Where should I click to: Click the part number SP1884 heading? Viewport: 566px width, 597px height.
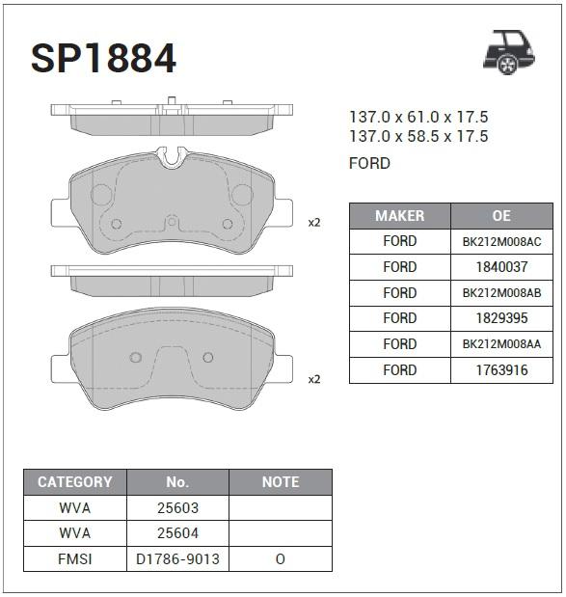point(103,58)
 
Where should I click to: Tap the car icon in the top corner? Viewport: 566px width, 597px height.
point(507,51)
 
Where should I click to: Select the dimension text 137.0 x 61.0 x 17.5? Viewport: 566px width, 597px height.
point(418,117)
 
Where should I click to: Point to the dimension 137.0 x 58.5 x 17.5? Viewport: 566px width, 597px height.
point(418,137)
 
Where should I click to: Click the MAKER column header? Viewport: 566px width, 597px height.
point(399,215)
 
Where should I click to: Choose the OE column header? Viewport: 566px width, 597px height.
point(500,215)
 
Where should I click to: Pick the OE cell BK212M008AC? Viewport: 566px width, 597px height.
point(500,241)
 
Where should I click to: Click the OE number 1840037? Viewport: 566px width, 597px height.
point(500,267)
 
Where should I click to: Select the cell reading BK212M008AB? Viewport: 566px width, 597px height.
point(500,293)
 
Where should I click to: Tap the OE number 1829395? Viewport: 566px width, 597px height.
point(500,318)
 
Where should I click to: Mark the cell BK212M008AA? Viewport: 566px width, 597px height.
point(500,344)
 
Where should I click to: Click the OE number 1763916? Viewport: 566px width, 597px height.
point(500,370)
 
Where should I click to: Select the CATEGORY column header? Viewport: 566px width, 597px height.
point(74,481)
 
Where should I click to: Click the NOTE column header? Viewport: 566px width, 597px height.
point(281,481)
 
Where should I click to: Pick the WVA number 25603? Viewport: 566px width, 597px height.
point(177,507)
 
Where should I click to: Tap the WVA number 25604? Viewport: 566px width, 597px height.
point(177,533)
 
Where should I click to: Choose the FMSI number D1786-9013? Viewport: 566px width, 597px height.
point(177,559)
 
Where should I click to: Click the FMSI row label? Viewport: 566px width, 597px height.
point(74,559)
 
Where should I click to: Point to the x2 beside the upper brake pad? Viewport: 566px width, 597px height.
point(313,223)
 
